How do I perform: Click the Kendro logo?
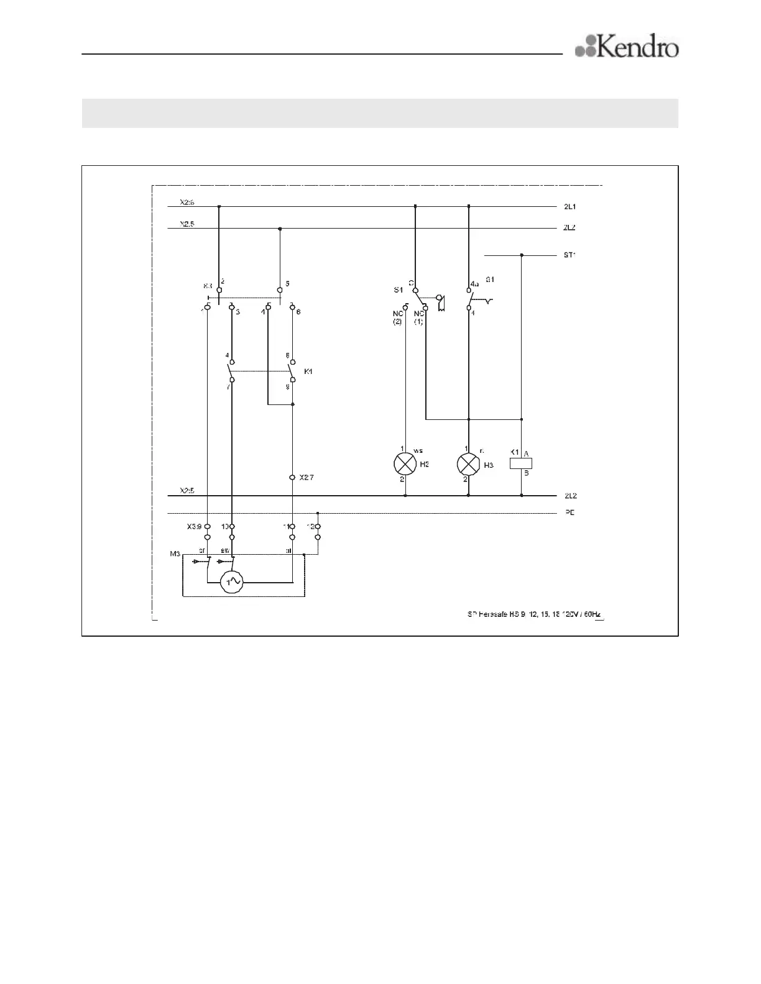click(x=627, y=47)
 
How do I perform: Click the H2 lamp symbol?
click(x=405, y=464)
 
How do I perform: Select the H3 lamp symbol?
click(x=468, y=464)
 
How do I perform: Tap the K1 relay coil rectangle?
click(x=521, y=463)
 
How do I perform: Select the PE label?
click(x=569, y=513)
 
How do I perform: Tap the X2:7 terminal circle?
click(x=292, y=478)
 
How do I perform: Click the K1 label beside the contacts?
click(x=308, y=371)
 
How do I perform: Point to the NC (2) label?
click(x=397, y=317)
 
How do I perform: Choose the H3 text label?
click(x=488, y=465)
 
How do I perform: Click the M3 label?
click(x=175, y=553)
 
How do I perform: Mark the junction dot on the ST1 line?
click(x=521, y=255)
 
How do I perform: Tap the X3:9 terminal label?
click(x=194, y=526)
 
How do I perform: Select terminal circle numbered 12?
click(x=317, y=527)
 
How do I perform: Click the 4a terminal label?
click(x=474, y=283)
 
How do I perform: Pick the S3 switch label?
click(x=208, y=287)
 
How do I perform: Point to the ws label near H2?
click(x=418, y=450)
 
